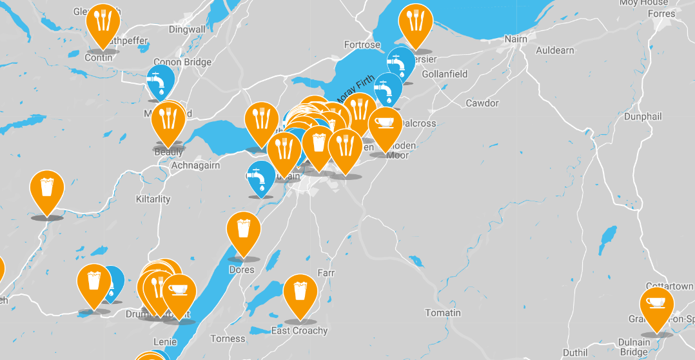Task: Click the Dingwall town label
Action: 187,30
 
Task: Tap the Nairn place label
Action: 516,39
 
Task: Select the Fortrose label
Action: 362,45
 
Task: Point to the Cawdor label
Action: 482,103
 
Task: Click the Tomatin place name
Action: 443,313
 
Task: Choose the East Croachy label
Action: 299,331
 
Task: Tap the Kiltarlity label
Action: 153,199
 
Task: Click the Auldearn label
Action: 556,50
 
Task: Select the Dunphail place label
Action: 643,117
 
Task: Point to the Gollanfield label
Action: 445,74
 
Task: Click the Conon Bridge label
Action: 182,63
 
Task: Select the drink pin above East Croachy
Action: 300,293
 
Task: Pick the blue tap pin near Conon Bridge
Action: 161,81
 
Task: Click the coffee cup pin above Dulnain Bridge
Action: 656,305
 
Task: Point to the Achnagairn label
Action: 195,166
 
